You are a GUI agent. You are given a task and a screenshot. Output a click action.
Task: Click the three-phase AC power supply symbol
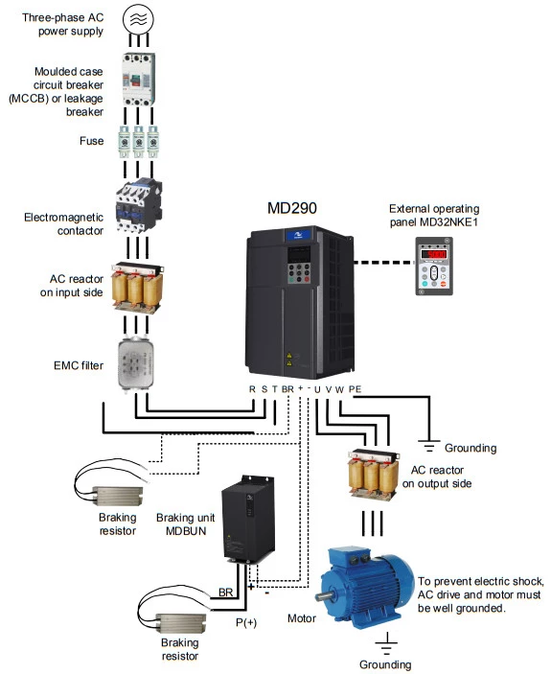(x=138, y=19)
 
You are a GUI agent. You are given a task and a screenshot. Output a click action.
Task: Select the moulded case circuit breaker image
(x=138, y=80)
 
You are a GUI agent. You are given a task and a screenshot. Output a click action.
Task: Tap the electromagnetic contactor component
(x=139, y=206)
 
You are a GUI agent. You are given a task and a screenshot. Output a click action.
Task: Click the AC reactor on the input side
(x=137, y=287)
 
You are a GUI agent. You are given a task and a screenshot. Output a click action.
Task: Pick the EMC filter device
(x=136, y=364)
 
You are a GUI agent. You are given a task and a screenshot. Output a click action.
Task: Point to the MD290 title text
(x=292, y=208)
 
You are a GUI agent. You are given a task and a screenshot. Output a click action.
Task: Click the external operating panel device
(x=434, y=267)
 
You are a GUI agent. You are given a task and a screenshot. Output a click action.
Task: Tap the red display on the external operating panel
(x=434, y=254)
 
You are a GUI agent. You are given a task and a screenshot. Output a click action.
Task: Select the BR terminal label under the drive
(x=287, y=389)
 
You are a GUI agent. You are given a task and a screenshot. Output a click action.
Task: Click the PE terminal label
(x=355, y=389)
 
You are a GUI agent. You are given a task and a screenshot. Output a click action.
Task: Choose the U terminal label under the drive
(x=317, y=389)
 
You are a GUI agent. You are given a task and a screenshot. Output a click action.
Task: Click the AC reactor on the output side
(x=373, y=475)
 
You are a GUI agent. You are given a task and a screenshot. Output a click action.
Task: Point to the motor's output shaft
(x=324, y=596)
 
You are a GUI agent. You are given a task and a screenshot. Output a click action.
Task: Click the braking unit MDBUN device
(x=248, y=520)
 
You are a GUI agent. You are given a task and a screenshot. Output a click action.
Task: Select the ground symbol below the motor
(x=386, y=643)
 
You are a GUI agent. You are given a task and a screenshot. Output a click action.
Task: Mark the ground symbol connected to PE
(x=428, y=447)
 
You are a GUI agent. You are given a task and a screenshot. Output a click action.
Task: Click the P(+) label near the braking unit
(x=246, y=622)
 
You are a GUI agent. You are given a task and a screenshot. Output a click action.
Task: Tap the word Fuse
(x=91, y=141)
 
